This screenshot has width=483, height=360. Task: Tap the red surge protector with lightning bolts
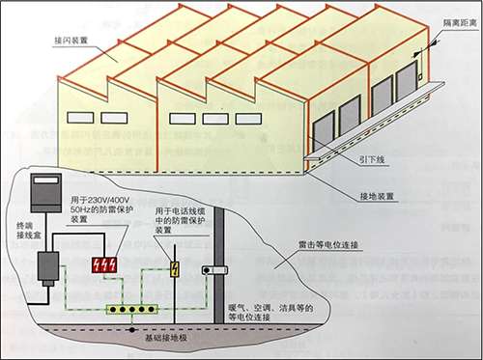(x=104, y=264)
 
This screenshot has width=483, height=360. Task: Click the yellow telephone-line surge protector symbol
(x=176, y=271)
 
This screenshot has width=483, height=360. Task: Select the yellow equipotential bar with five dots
(x=128, y=311)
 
